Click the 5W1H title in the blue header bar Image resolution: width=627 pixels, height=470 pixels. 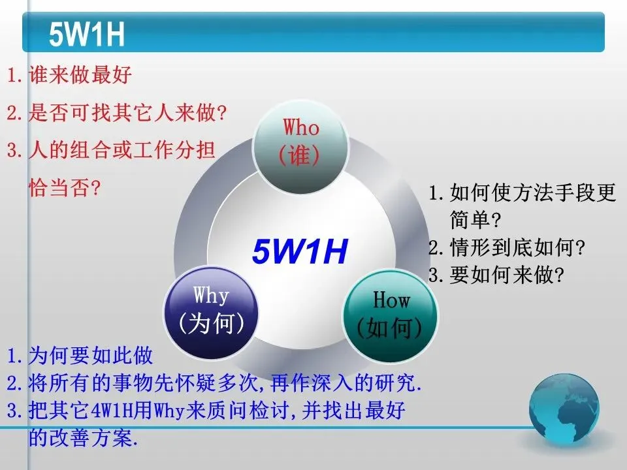coord(87,34)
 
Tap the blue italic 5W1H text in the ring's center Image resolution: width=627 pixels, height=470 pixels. coord(300,251)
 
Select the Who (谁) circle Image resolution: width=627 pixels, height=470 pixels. coord(300,146)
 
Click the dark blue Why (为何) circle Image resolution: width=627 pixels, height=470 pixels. coord(211,313)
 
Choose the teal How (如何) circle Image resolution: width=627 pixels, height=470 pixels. coord(391,316)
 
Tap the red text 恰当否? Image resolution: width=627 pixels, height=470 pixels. coord(64,187)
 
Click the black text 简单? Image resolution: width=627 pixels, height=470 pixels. coord(475,220)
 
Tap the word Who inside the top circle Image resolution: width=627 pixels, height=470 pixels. coord(301,127)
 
